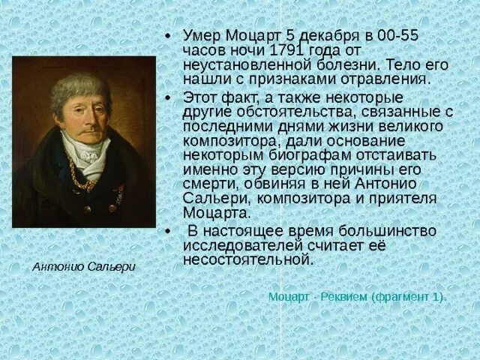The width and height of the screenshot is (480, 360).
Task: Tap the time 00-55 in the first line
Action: point(398,36)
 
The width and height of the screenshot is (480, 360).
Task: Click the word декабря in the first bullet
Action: point(337,36)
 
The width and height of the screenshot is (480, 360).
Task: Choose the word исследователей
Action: point(237,245)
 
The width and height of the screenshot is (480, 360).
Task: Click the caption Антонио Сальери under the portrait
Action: point(84,266)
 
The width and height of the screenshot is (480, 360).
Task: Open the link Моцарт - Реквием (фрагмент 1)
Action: point(357,296)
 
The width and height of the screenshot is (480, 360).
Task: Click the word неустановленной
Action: point(235,64)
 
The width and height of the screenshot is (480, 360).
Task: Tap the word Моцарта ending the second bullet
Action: point(206,212)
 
